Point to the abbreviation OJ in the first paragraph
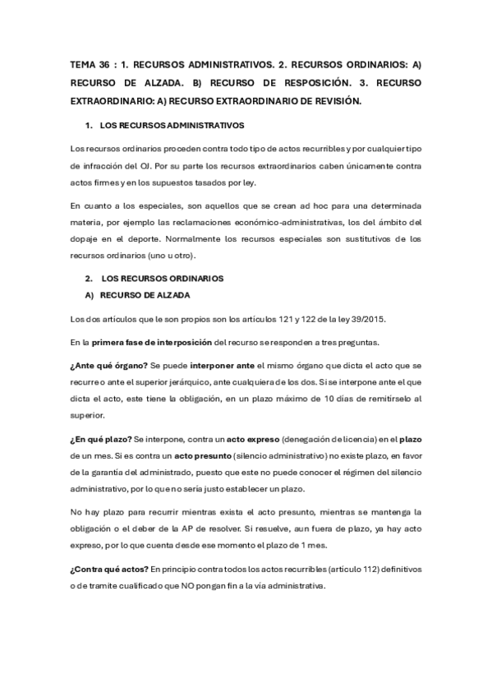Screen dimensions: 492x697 (142, 167)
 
